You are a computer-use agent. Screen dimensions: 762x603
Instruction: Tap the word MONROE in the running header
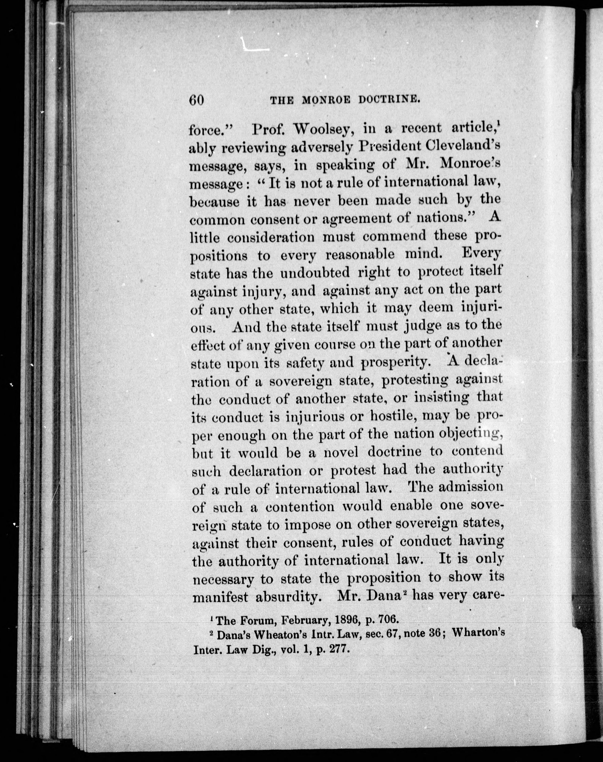point(325,101)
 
